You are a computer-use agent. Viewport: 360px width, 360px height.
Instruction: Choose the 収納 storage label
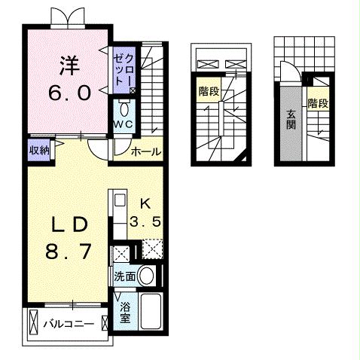[x=40, y=150]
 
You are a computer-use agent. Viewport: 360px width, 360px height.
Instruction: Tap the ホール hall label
[x=146, y=151]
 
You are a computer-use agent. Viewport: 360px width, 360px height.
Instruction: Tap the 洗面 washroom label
[x=125, y=276]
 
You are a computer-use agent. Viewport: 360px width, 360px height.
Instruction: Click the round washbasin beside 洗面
[x=149, y=276]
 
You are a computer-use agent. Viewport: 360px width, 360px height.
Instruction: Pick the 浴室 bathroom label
[x=125, y=312]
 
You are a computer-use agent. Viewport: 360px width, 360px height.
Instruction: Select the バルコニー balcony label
[x=68, y=325]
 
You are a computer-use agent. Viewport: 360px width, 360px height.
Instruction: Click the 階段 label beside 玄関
[x=318, y=103]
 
